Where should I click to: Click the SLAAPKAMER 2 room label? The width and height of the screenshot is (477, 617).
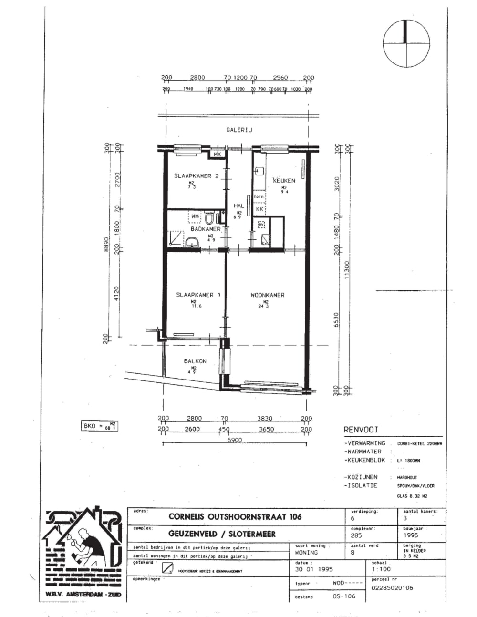[x=196, y=176]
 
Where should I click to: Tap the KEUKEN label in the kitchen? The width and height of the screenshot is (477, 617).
[x=284, y=181]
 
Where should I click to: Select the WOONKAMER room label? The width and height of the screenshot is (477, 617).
[x=267, y=295]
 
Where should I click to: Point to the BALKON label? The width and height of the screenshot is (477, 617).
[x=195, y=361]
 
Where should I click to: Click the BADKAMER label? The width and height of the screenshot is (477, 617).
[x=206, y=229]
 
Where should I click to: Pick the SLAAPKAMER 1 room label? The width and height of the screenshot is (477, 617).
[x=198, y=295]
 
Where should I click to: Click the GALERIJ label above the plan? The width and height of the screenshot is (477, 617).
[x=239, y=130]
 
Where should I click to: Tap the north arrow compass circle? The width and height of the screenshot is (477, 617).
[x=405, y=44]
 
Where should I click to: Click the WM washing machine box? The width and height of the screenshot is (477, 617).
[x=195, y=216]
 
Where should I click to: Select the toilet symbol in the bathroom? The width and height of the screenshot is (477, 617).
[x=209, y=218]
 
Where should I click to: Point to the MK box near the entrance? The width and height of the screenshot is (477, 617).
[x=218, y=154]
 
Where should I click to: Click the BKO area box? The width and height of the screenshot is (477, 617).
[x=99, y=425]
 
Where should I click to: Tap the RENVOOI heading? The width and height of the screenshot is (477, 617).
[x=361, y=430]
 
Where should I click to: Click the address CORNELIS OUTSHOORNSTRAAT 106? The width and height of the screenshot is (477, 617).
[x=235, y=516]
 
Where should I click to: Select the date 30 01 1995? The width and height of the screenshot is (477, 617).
[x=314, y=569]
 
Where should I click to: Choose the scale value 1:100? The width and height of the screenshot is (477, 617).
[x=381, y=569]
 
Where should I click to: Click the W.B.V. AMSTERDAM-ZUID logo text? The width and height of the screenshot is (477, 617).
[x=83, y=594]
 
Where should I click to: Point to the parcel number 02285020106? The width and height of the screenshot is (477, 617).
[x=392, y=587]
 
